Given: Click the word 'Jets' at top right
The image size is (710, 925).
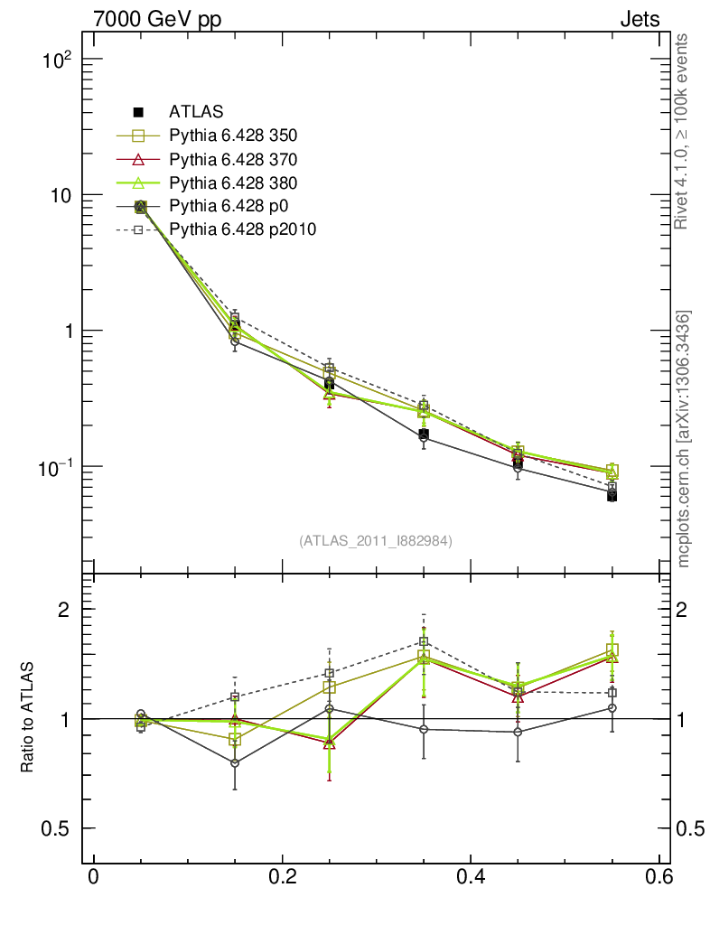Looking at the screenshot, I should click(x=639, y=19).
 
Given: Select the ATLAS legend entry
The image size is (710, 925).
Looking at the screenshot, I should click(x=196, y=112).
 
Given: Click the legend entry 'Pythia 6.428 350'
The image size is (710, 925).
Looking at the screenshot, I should click(x=233, y=135).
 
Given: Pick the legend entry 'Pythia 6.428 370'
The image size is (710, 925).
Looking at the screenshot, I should click(x=233, y=159).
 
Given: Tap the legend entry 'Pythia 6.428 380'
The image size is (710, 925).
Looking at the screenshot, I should click(x=233, y=182).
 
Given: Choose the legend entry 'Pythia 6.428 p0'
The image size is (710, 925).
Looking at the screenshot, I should click(x=227, y=206).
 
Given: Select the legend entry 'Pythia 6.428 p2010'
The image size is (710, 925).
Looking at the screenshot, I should click(x=242, y=229).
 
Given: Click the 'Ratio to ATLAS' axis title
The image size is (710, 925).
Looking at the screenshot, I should click(x=29, y=718).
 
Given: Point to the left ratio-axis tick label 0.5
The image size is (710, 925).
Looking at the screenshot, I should click(x=56, y=828).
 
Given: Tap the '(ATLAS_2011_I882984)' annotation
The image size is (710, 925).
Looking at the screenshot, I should click(x=376, y=540).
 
